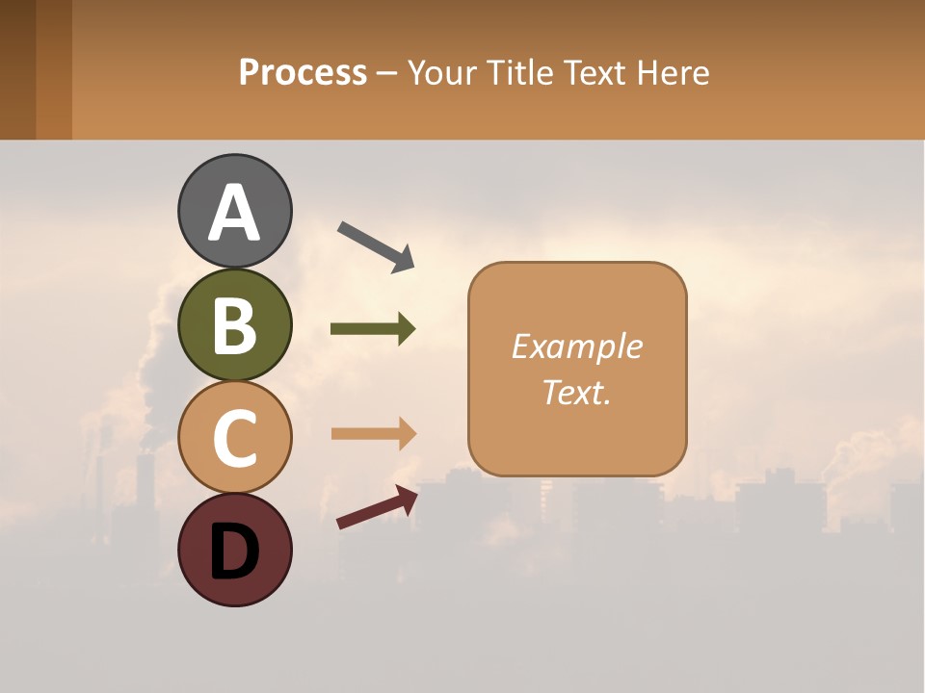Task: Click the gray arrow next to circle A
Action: point(376,246)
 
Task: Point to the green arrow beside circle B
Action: point(373,329)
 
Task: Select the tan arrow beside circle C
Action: point(373,433)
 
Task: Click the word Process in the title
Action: point(303,72)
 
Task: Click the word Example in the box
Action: point(576,346)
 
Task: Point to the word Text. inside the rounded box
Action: point(576,392)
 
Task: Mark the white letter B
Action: point(234,325)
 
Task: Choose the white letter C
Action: point(234,438)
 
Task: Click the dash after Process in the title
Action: point(387,73)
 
